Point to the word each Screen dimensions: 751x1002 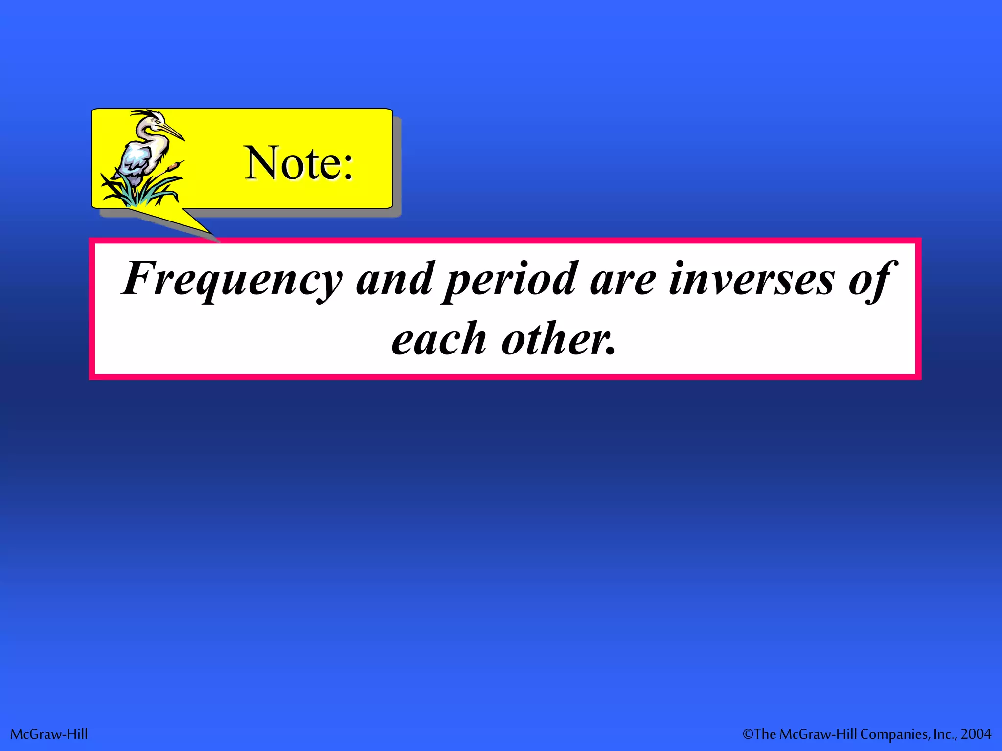[439, 338]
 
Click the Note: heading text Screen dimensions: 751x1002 [298, 162]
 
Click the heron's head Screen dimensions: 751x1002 [156, 120]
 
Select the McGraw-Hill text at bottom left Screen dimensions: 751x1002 [49, 734]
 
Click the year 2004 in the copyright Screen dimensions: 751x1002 [976, 734]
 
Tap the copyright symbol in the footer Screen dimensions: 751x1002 [748, 734]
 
